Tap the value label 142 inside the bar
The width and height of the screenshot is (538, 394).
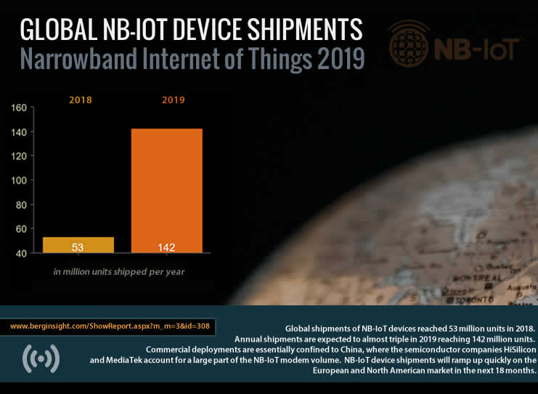click(166, 247)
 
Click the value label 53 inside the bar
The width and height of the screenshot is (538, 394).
click(78, 247)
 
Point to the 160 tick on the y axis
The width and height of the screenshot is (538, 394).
click(20, 108)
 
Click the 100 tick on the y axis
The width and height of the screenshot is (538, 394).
click(20, 180)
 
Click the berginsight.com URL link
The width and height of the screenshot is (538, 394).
click(110, 326)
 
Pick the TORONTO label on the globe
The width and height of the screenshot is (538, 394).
click(475, 298)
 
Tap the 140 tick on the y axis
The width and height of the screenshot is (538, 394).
click(20, 132)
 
